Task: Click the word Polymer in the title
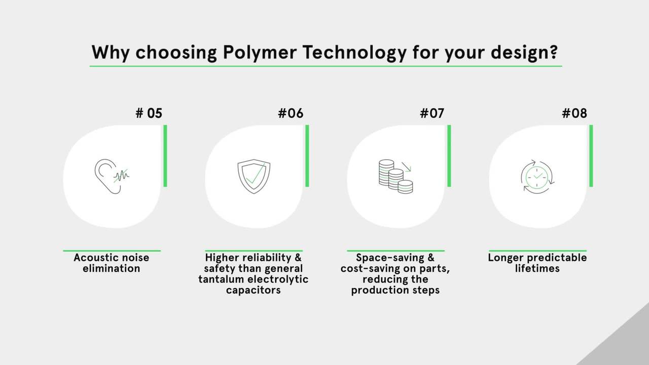(x=260, y=53)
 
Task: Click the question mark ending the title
(x=553, y=52)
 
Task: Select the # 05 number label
(x=149, y=113)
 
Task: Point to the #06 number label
(x=291, y=113)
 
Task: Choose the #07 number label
(x=432, y=113)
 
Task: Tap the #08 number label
(x=574, y=113)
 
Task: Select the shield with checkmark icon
(x=254, y=176)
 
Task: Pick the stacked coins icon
(x=396, y=176)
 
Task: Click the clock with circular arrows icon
(x=537, y=177)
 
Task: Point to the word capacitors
(x=253, y=290)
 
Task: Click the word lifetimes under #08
(x=537, y=268)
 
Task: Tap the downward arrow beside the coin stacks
(x=406, y=167)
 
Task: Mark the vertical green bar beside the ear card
(x=165, y=156)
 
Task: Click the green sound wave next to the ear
(x=121, y=175)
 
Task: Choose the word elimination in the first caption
(x=111, y=268)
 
